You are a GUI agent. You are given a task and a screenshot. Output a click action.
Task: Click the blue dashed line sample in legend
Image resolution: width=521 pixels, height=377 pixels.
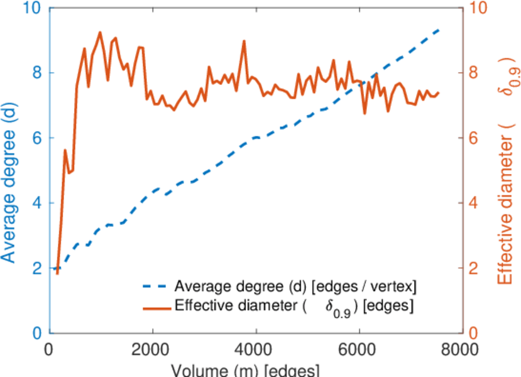click(x=155, y=288)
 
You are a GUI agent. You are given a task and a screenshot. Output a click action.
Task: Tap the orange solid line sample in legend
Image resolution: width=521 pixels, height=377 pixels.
click(x=155, y=307)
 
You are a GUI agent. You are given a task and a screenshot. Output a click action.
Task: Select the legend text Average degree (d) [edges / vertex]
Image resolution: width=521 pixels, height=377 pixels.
click(x=295, y=288)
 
